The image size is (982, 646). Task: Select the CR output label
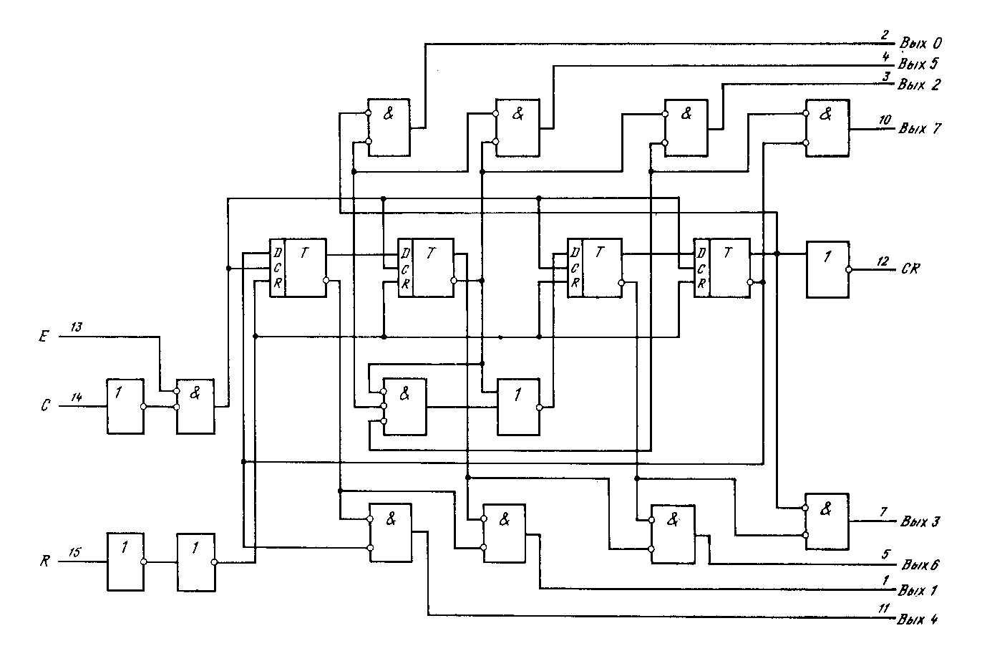(x=911, y=269)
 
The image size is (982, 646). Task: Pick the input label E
(x=44, y=334)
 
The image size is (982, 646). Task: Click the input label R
(x=44, y=561)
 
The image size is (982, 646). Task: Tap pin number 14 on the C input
(x=77, y=396)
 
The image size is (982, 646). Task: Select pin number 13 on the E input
(x=77, y=327)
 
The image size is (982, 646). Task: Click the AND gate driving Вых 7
(x=827, y=127)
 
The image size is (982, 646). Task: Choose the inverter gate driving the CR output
(x=827, y=269)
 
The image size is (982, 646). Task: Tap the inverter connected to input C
(x=125, y=405)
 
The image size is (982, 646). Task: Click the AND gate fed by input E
(x=196, y=405)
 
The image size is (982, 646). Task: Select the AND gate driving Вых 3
(x=827, y=521)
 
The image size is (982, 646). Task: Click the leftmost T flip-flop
(x=297, y=266)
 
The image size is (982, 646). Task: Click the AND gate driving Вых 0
(x=389, y=127)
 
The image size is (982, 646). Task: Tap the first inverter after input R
(x=125, y=561)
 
